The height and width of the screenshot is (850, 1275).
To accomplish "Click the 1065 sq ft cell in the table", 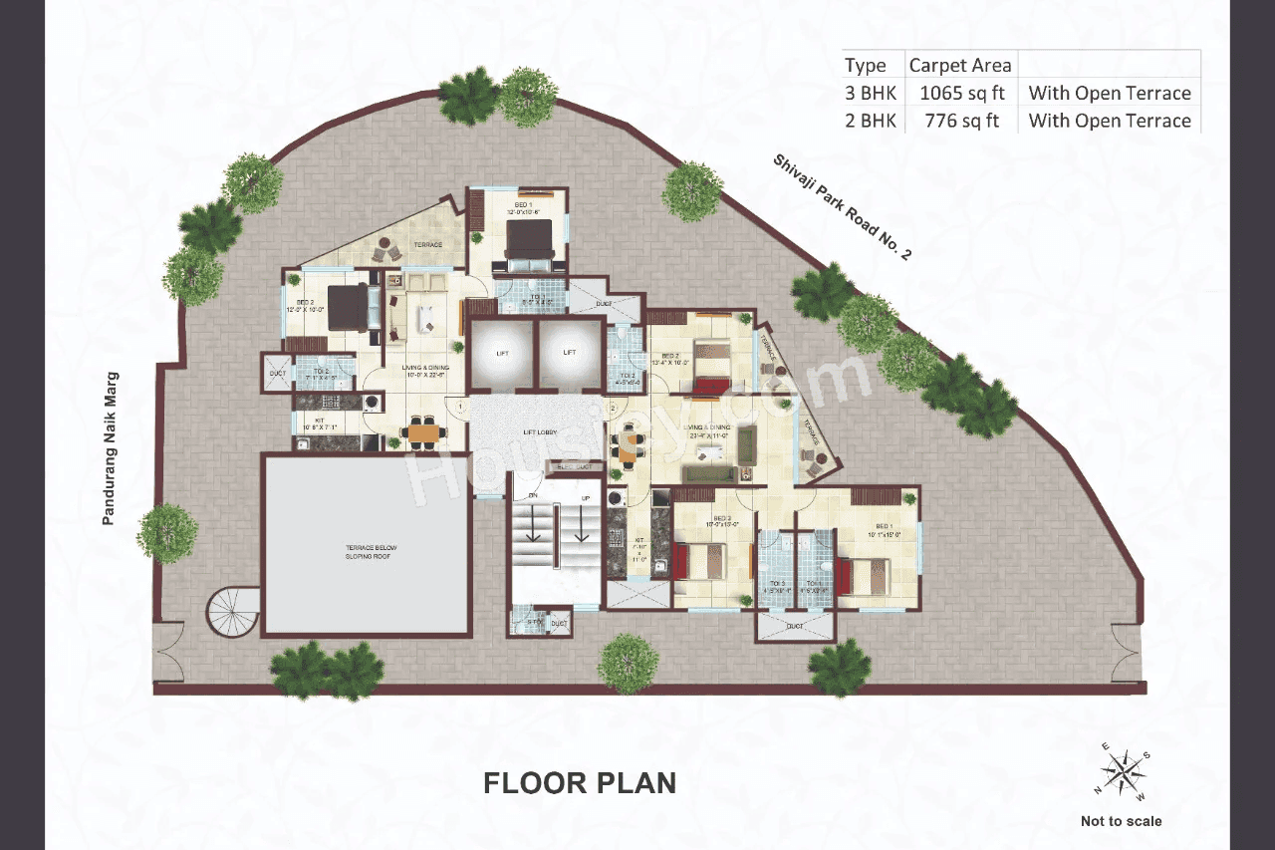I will [960, 94].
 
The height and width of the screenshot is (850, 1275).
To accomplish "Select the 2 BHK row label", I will [872, 121].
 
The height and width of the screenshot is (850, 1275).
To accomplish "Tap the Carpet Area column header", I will [960, 66].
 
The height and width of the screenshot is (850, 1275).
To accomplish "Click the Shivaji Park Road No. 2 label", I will [842, 207].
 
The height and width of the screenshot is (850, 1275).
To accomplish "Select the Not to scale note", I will [1121, 821].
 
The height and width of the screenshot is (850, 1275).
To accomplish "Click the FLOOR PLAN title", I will [580, 783].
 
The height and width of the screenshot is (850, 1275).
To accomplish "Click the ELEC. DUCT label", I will [576, 465].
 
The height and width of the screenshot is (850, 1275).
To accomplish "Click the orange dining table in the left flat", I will [423, 432].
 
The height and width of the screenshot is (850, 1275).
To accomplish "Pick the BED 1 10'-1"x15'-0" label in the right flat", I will [885, 530].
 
